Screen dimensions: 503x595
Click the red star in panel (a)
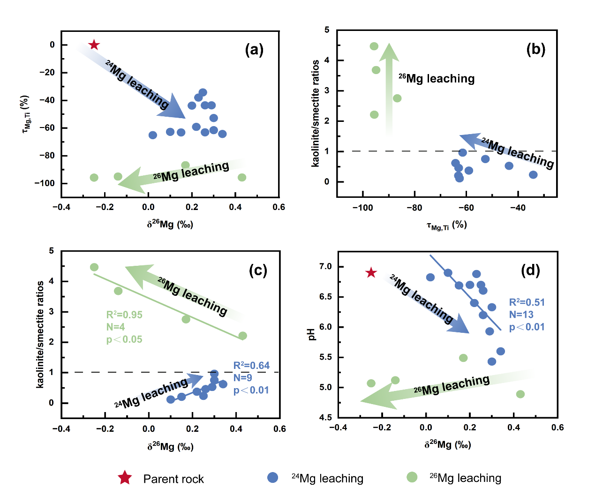(94, 45)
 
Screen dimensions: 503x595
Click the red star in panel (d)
(371, 272)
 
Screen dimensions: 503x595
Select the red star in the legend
(125, 478)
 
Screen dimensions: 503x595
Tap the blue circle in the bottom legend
(272, 477)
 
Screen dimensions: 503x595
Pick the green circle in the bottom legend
(412, 477)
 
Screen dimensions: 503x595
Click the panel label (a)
(254, 50)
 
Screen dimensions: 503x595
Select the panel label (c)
(258, 270)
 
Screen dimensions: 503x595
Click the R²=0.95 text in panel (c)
(124, 315)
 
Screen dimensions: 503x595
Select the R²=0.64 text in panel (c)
(251, 366)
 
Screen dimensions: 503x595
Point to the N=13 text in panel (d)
(521, 315)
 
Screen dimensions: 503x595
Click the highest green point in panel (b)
(374, 46)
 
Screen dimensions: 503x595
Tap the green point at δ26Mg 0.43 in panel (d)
(520, 394)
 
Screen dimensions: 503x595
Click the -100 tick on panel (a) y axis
(45, 183)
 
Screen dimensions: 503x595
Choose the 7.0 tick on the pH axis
(325, 266)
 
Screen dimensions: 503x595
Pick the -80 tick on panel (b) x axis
(414, 208)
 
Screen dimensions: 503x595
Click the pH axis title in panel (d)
(311, 334)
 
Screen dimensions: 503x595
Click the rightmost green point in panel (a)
(241, 177)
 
